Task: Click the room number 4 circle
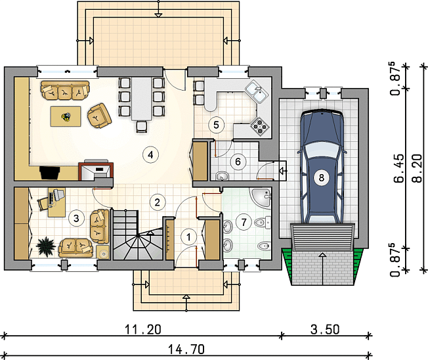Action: [150, 155]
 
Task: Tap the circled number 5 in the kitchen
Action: [216, 125]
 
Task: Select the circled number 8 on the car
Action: [322, 178]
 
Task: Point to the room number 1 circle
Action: [188, 236]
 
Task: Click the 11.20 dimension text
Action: [143, 329]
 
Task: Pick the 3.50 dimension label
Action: [325, 329]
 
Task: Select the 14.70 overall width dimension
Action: [186, 349]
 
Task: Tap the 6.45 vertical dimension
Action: [399, 168]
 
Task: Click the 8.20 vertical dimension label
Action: [417, 168]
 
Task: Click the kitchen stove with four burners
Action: [260, 126]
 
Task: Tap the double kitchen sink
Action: [257, 92]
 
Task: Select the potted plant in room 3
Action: [46, 246]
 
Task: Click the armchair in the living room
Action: [99, 116]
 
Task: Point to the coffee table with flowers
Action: [66, 117]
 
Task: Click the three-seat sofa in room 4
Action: [65, 91]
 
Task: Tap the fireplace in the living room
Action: [96, 171]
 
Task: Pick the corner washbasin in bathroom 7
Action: [262, 197]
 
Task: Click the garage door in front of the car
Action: [322, 236]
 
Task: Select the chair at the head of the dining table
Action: [141, 127]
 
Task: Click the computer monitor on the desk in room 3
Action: [59, 194]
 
